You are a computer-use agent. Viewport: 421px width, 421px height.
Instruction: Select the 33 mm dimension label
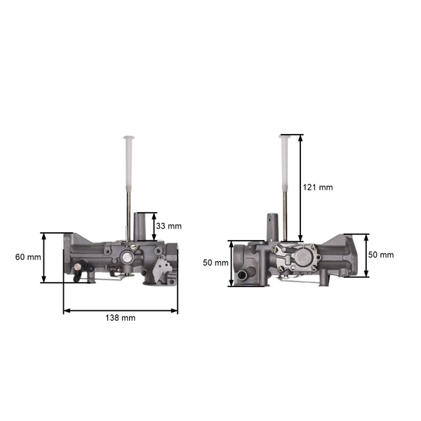click(x=168, y=226)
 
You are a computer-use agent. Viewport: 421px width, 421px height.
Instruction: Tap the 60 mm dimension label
click(x=27, y=257)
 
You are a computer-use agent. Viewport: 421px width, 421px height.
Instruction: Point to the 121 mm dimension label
click(x=317, y=187)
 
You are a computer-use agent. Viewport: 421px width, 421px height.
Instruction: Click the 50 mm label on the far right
click(x=381, y=255)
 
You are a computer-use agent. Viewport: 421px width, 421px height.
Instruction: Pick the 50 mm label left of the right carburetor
click(x=215, y=262)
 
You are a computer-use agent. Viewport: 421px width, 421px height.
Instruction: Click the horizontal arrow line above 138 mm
click(x=120, y=309)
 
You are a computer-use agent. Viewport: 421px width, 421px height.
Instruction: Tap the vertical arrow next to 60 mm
click(x=44, y=258)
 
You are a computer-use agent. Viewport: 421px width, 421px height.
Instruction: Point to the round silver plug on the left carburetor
click(x=126, y=257)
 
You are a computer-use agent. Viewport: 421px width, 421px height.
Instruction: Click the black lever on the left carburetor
click(x=83, y=267)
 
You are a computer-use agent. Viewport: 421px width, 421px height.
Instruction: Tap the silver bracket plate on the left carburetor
click(x=162, y=270)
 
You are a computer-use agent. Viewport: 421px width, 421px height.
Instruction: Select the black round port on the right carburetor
click(x=243, y=274)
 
